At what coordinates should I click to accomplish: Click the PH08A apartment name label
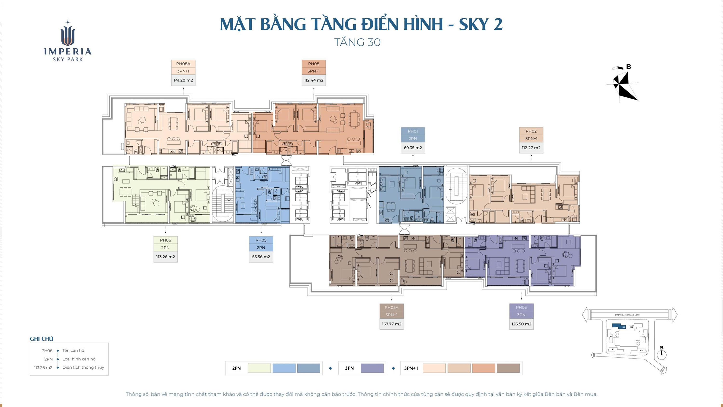pyautogui.click(x=183, y=64)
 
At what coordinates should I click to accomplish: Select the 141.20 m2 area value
pyautogui.click(x=183, y=80)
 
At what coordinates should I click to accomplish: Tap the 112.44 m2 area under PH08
pyautogui.click(x=314, y=80)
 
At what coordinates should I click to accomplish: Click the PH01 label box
pyautogui.click(x=413, y=131)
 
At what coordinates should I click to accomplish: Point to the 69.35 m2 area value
pyautogui.click(x=413, y=148)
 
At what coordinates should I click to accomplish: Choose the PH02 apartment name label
pyautogui.click(x=531, y=131)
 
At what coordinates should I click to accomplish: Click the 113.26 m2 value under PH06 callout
pyautogui.click(x=165, y=257)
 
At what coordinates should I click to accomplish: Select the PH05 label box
pyautogui.click(x=261, y=240)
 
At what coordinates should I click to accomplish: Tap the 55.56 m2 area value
pyautogui.click(x=261, y=257)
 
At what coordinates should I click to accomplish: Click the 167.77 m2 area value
pyautogui.click(x=391, y=324)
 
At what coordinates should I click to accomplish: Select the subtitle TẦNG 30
pyautogui.click(x=357, y=42)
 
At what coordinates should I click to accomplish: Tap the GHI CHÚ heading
pyautogui.click(x=41, y=339)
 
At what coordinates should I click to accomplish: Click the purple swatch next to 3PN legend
pyautogui.click(x=372, y=368)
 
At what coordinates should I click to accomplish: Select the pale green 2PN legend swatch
pyautogui.click(x=259, y=368)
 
